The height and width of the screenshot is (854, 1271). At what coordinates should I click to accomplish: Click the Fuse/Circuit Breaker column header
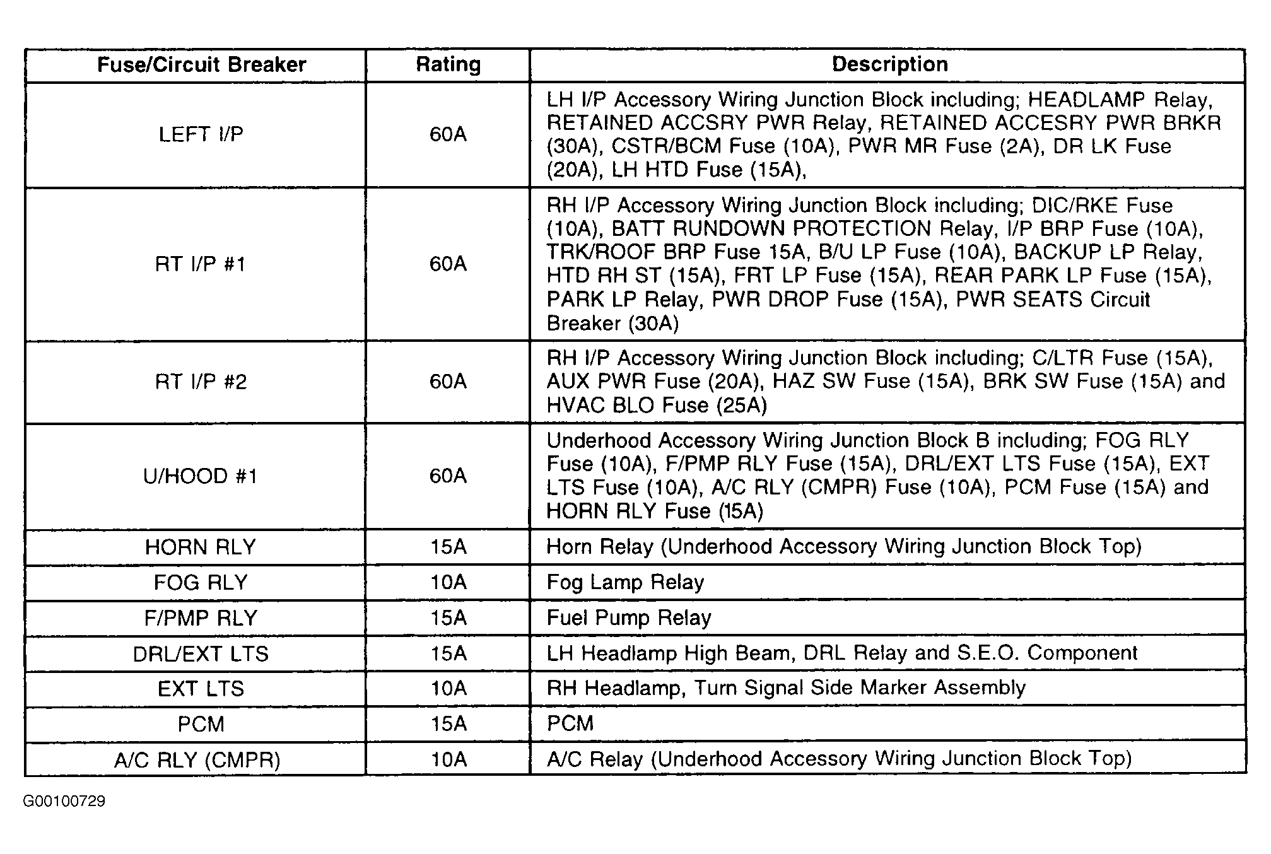point(201,65)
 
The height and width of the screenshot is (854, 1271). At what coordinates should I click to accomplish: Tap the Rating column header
point(448,65)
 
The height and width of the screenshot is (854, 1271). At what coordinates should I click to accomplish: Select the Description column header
point(889,64)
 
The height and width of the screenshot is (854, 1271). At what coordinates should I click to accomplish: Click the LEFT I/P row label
point(201,134)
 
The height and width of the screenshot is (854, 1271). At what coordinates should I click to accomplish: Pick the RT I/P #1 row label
point(201,264)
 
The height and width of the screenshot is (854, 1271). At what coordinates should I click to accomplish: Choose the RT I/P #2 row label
point(201,382)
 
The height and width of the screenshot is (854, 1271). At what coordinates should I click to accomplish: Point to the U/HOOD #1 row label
point(201,476)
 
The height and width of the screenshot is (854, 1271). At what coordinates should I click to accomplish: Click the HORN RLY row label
point(201,547)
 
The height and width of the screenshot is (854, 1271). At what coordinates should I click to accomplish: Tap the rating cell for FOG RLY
point(448,582)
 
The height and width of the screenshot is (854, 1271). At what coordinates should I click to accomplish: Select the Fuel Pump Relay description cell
point(629,617)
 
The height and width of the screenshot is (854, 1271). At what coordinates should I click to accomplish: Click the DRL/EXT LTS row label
point(201,653)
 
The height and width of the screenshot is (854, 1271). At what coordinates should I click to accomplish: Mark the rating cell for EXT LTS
point(448,688)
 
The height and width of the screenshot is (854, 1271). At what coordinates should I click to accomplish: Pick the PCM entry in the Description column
point(570,723)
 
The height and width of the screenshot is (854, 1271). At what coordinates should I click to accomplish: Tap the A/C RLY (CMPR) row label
point(197,759)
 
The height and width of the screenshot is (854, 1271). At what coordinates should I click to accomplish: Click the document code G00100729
point(64,802)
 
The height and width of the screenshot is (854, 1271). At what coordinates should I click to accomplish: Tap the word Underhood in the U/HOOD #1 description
point(597,440)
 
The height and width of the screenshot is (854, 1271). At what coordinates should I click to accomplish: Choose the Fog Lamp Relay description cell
point(625,582)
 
